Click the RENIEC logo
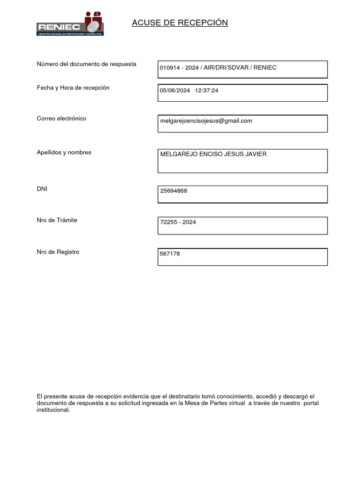pyautogui.click(x=70, y=24)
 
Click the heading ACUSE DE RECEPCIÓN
pyautogui.click(x=180, y=23)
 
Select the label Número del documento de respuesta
pyautogui.click(x=87, y=64)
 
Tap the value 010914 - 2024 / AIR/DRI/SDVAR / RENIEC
pyautogui.click(x=218, y=67)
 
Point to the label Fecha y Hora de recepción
pyautogui.click(x=73, y=88)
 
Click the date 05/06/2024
pyautogui.click(x=175, y=90)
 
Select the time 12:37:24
pyautogui.click(x=207, y=90)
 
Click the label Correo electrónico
pyautogui.click(x=61, y=119)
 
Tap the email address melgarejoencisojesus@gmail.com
pyautogui.click(x=206, y=121)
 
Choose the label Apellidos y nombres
pyautogui.click(x=64, y=152)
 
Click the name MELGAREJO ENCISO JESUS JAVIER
pyautogui.click(x=213, y=154)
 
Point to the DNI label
pyautogui.click(x=42, y=189)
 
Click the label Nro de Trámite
pyautogui.click(x=57, y=220)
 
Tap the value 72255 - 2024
pyautogui.click(x=178, y=222)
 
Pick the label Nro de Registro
pyautogui.click(x=58, y=252)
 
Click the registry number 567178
pyautogui.click(x=170, y=254)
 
